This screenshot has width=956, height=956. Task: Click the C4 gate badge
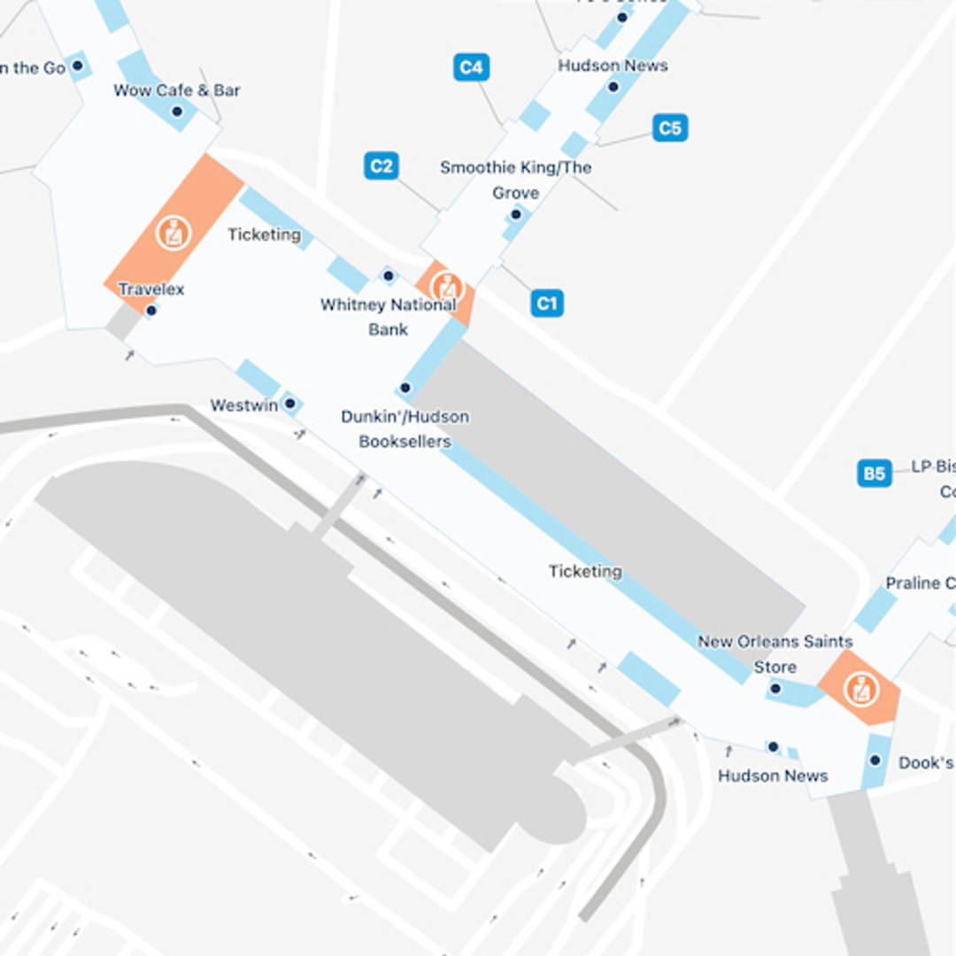471,67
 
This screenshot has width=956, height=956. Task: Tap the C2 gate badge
381,166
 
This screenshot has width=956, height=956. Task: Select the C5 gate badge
670,128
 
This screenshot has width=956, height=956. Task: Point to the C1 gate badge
547,304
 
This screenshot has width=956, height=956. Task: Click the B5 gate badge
874,473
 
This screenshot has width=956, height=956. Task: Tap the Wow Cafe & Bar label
177,90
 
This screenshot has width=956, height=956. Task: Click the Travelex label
151,289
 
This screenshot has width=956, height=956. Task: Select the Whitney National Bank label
389,317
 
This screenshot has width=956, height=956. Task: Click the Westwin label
243,405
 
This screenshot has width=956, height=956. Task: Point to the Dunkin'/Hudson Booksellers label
405,428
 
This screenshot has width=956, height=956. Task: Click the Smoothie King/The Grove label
515,180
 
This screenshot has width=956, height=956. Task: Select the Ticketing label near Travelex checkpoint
264,235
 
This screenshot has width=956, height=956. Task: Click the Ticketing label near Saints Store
585,571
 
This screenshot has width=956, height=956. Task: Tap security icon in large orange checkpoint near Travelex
173,233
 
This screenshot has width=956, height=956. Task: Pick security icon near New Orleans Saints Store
860,690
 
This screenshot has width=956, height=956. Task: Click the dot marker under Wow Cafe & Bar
177,112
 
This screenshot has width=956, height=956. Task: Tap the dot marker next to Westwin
289,404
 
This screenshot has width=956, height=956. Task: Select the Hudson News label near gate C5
613,66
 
